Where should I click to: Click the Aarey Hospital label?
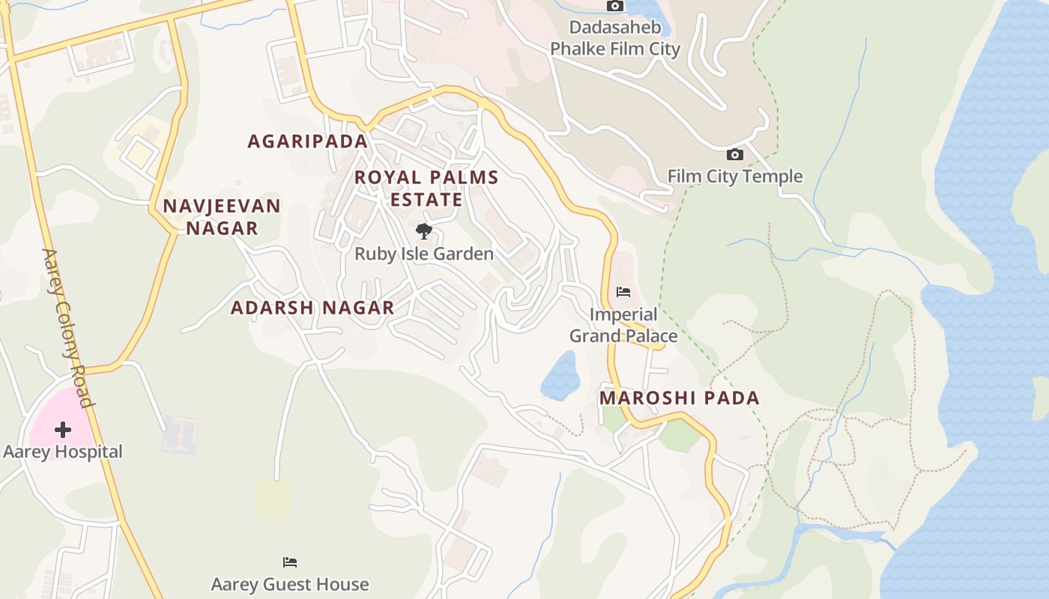click(x=63, y=451)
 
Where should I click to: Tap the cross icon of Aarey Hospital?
click(x=63, y=430)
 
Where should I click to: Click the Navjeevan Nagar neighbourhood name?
click(x=222, y=217)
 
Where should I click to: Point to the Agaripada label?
click(x=308, y=141)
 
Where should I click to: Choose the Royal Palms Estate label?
click(x=426, y=189)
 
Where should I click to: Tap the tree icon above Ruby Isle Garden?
click(x=424, y=231)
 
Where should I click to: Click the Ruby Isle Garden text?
click(x=424, y=254)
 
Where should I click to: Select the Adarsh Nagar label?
click(x=312, y=308)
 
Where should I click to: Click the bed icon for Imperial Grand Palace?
click(x=623, y=292)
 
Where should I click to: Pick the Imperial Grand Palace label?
click(x=623, y=325)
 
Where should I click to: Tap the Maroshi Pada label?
click(x=680, y=398)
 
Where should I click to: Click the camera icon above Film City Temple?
click(x=735, y=155)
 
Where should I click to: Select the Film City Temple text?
click(x=735, y=177)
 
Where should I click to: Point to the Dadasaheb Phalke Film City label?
click(x=615, y=39)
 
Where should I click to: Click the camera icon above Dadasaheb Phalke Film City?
click(x=615, y=6)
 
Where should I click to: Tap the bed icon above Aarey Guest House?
click(x=290, y=562)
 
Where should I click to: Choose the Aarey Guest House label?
click(x=290, y=584)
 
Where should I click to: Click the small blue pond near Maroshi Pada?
click(x=561, y=376)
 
